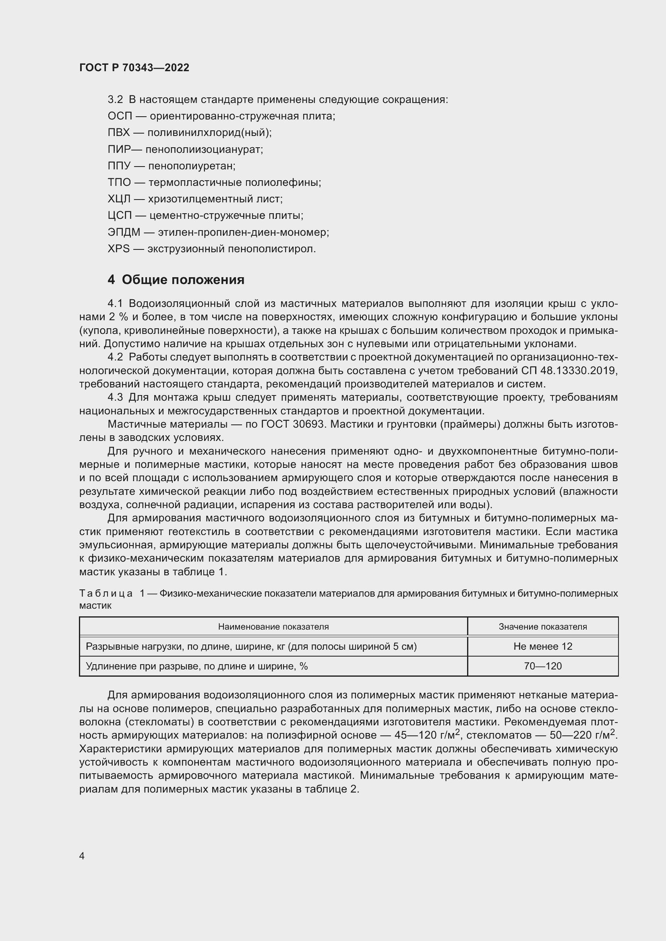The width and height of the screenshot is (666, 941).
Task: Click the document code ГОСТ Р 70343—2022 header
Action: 134,68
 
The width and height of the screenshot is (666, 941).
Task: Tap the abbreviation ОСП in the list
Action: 120,116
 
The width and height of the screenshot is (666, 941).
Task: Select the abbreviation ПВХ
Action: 118,133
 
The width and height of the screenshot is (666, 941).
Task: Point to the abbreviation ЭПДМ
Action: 124,233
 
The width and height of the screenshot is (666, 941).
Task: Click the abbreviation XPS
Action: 118,249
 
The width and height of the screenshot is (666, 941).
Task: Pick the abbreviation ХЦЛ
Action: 119,199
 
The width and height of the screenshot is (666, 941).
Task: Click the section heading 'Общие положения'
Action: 183,280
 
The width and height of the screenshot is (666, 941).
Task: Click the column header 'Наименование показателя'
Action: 273,627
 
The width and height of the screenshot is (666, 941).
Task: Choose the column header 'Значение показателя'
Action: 542,627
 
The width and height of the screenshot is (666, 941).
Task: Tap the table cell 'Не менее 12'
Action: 542,647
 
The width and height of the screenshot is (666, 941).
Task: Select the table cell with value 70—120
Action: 542,666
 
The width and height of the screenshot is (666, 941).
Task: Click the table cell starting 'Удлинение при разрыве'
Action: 197,666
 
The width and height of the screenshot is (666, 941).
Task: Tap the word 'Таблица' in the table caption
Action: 106,593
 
